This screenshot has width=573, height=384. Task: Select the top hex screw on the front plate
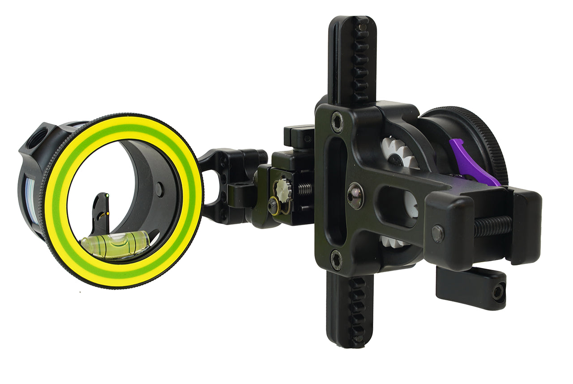(x=336, y=122)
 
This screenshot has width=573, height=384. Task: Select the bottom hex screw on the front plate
(x=336, y=260)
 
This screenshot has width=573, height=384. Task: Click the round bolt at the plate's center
(x=355, y=196)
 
